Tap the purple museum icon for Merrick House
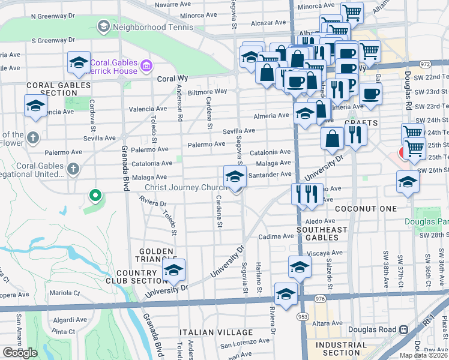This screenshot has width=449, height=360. (x=145, y=64)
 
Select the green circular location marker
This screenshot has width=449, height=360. (x=94, y=195)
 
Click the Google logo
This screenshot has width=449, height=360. (x=20, y=353)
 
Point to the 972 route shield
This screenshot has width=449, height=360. (x=426, y=63)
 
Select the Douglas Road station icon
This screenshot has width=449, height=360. (x=403, y=329)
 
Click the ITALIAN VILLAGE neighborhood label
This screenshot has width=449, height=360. (x=217, y=332)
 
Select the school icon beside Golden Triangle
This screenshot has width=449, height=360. (x=174, y=271)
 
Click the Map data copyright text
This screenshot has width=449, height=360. (x=423, y=355)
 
